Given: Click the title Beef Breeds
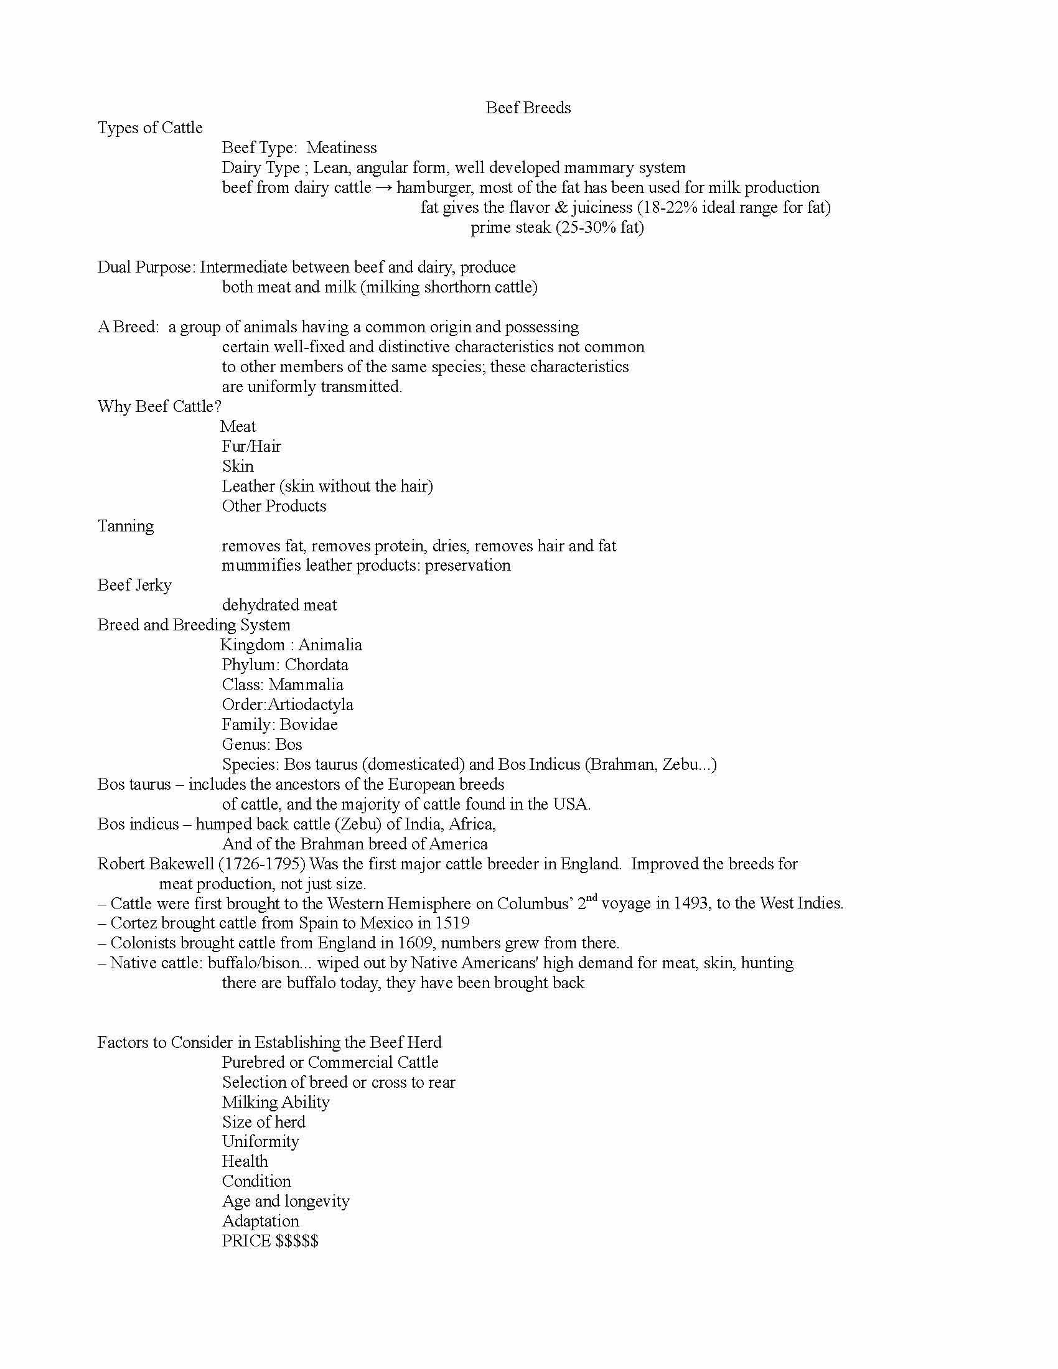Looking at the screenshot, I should click(x=528, y=108).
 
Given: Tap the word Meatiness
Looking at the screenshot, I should click(x=342, y=148).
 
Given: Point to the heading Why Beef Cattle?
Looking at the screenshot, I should click(x=159, y=407).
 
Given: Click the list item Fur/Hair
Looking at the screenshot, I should click(x=251, y=446).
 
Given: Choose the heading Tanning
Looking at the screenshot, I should click(x=125, y=526).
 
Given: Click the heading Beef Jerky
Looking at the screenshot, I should click(x=134, y=586).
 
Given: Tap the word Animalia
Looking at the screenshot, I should click(x=330, y=645).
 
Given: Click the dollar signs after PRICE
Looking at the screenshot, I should click(x=297, y=1241).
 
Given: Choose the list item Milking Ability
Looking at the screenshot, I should click(x=275, y=1102).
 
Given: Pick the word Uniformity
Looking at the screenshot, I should click(x=260, y=1141).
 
